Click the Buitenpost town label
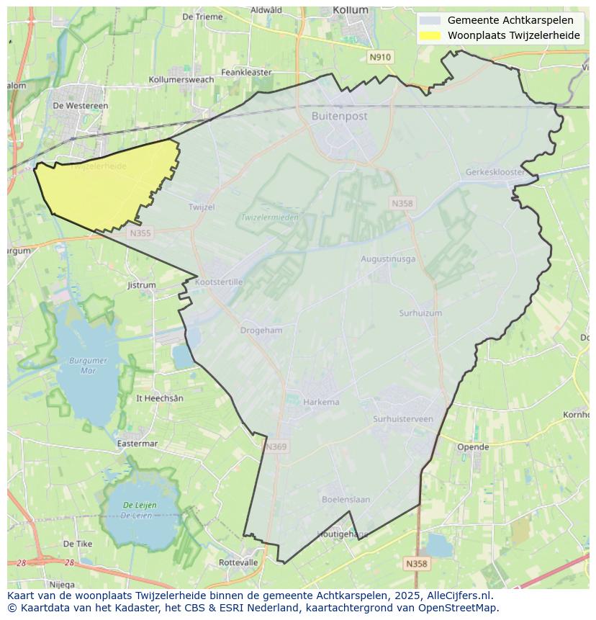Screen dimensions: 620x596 tap(340, 116)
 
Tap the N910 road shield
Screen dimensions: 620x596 tap(379, 57)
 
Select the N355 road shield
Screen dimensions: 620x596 tap(140, 233)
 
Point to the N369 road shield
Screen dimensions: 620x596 tap(276, 447)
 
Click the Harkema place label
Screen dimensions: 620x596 tap(321, 402)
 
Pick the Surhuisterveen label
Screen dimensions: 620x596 tap(403, 419)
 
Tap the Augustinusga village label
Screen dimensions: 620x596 tap(388, 259)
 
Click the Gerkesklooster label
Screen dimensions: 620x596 tap(495, 173)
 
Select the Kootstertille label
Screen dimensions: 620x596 tap(219, 282)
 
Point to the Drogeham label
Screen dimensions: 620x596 tap(261, 330)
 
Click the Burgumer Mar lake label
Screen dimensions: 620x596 tap(88, 365)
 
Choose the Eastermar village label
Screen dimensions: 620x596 tap(137, 444)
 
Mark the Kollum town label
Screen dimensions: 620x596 tap(351, 10)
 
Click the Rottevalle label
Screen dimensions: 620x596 tap(238, 562)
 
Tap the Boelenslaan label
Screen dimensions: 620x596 tap(346, 499)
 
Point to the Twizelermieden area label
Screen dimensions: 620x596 tap(269, 217)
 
